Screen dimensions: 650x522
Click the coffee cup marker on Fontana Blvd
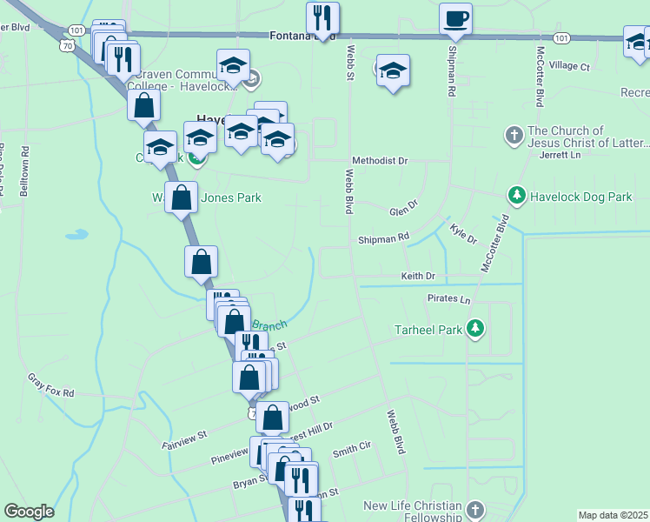pos(455,19)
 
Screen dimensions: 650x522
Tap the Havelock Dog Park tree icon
pos(516,197)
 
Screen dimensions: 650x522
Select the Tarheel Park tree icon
pos(474,329)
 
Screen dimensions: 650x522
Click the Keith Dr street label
pos(417,276)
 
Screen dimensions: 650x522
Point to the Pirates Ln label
pos(448,299)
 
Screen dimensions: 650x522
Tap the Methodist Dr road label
pos(380,161)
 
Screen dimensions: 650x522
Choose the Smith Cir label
pos(352,446)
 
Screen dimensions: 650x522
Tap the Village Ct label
pos(569,66)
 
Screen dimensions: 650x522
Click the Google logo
pos(30,511)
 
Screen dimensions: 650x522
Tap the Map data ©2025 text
pos(613,515)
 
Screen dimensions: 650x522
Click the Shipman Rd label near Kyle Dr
pos(383,238)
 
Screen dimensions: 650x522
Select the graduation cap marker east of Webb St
pos(393,72)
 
